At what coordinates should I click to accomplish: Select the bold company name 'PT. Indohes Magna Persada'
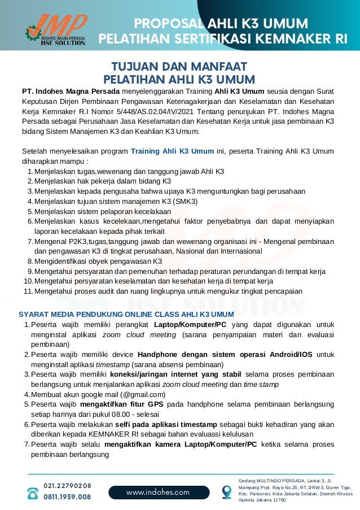(70, 91)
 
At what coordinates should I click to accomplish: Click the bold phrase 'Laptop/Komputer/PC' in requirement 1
(190, 325)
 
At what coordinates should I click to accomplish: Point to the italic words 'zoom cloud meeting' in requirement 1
(135, 334)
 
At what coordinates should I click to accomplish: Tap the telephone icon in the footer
(33, 492)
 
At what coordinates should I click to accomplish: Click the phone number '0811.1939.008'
(67, 498)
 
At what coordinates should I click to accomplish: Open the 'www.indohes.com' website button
(157, 492)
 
